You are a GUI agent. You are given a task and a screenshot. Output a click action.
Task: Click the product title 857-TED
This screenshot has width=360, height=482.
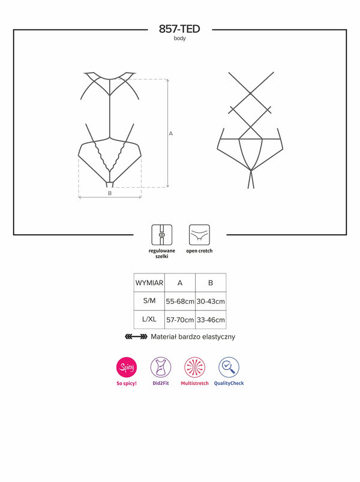(179, 29)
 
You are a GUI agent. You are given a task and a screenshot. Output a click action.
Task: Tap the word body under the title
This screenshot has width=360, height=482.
(179, 38)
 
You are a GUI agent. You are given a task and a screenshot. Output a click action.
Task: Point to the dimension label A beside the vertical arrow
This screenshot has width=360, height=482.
(171, 134)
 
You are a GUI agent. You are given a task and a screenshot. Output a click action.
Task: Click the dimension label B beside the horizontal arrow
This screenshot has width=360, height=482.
(110, 194)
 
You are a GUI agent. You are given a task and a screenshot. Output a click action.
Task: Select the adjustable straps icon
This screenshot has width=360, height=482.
(161, 235)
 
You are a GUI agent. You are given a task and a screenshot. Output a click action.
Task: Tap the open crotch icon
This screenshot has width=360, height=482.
(199, 235)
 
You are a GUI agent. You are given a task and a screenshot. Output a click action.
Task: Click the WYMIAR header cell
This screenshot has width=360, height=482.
(149, 283)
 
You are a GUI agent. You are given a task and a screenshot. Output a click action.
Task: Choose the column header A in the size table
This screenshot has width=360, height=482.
(180, 283)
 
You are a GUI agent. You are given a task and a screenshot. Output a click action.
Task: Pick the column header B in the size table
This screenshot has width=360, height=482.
(211, 283)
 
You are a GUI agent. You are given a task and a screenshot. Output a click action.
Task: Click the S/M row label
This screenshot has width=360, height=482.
(149, 301)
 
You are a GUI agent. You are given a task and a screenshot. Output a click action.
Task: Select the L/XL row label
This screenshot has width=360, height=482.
(149, 320)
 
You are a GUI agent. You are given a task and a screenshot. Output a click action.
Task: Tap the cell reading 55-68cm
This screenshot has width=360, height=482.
(180, 302)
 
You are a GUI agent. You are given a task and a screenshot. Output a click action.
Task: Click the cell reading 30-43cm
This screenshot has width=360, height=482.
(211, 302)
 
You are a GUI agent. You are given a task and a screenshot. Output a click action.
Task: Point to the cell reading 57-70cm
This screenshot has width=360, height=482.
(180, 320)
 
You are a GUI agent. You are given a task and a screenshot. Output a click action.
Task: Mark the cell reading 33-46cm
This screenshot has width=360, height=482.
(211, 320)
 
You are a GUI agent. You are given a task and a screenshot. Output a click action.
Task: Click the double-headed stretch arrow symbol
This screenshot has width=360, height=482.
(136, 337)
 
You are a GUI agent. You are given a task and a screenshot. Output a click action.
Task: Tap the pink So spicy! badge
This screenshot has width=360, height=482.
(127, 367)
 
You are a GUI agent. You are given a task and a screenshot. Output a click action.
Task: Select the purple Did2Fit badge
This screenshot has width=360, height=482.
(161, 367)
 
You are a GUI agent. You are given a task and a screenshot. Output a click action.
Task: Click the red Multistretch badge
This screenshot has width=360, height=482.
(195, 367)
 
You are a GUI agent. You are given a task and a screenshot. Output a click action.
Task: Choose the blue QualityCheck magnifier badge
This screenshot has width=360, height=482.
(229, 367)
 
